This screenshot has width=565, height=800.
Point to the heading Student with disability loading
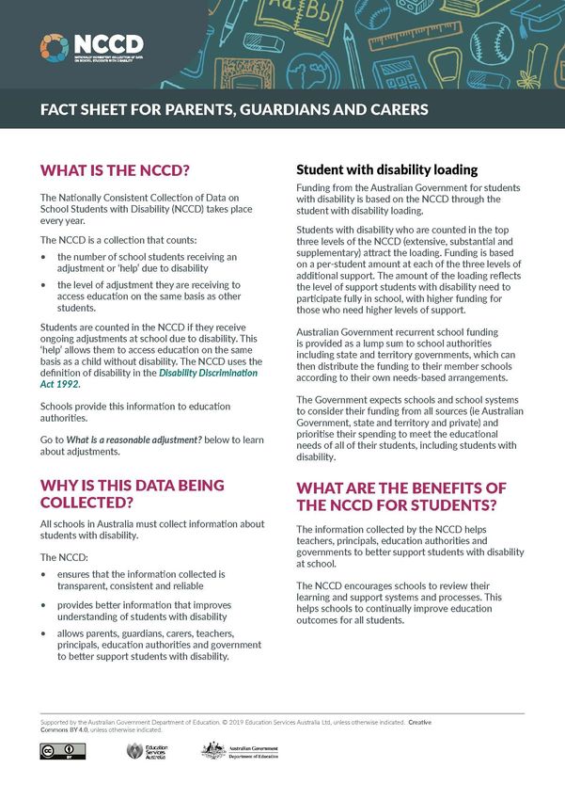(387, 170)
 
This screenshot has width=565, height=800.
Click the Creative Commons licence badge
(63, 750)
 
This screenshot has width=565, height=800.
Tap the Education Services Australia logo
(147, 751)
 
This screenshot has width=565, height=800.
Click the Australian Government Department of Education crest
(213, 751)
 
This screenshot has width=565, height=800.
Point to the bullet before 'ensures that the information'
(43, 573)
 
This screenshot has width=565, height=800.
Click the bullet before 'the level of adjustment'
(43, 284)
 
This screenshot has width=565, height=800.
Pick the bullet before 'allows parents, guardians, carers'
(43, 633)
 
